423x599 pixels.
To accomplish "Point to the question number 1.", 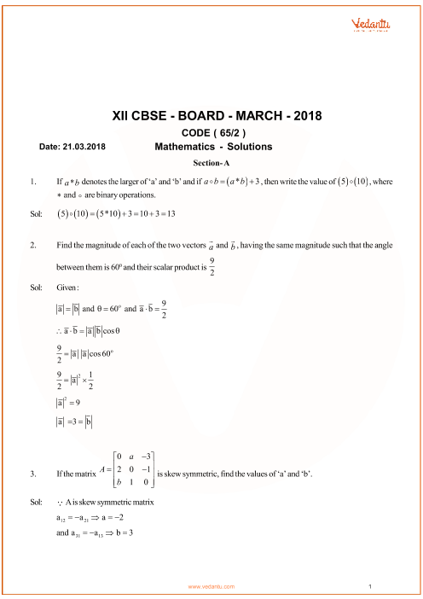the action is pyautogui.click(x=32, y=181).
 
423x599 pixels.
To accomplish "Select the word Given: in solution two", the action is pyautogui.click(x=67, y=287).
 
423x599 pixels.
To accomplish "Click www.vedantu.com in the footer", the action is pyautogui.click(x=214, y=587).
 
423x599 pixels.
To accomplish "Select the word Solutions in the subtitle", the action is pyautogui.click(x=250, y=147).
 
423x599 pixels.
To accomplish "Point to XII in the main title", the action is pyautogui.click(x=123, y=116).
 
